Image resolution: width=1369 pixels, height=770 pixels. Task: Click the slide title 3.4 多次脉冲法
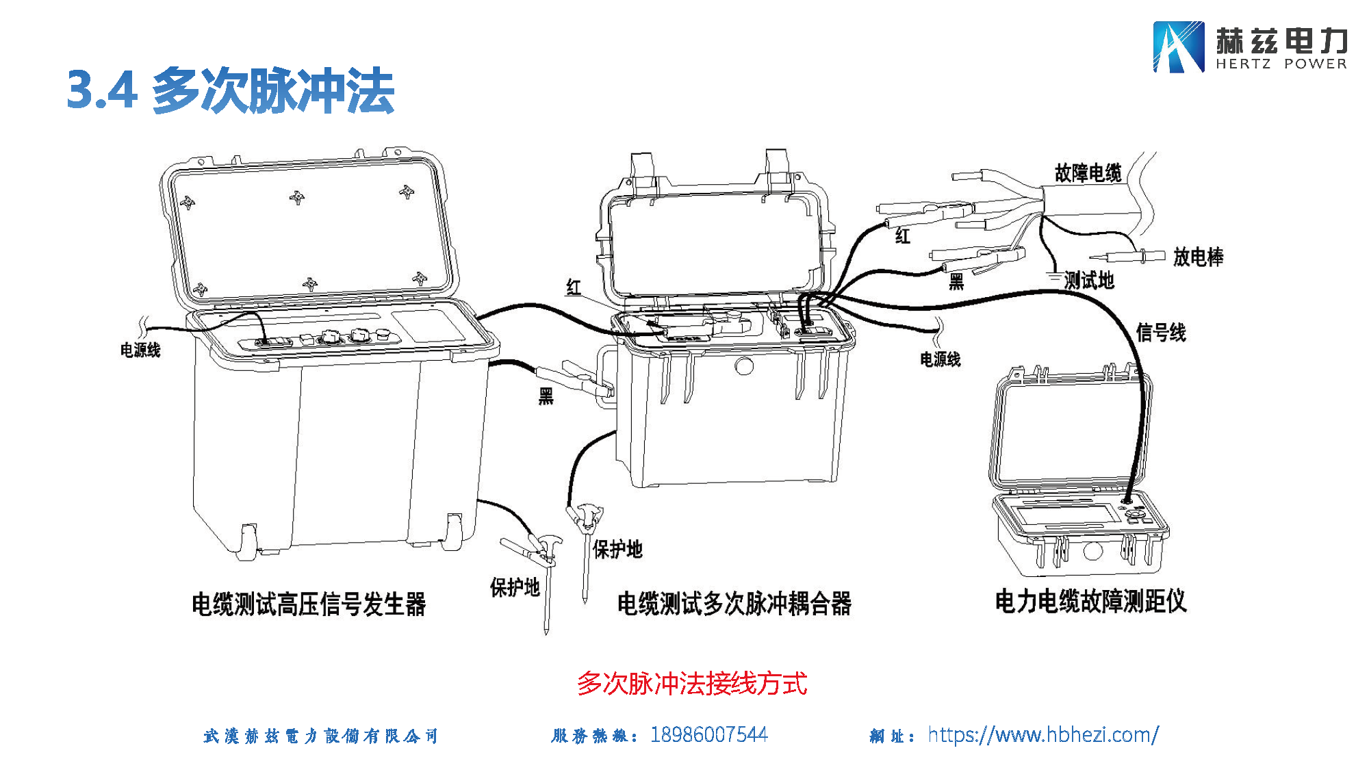pos(230,90)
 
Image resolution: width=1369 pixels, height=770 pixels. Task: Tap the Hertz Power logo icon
pos(1178,47)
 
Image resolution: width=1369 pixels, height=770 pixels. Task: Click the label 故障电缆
pos(1088,173)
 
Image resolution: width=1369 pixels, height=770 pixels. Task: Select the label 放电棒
pos(1198,257)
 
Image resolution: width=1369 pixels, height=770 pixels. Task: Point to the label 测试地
pos(1088,280)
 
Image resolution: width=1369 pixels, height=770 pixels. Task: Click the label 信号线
pos(1160,333)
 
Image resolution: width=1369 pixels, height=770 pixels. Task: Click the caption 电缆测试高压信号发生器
pos(309,604)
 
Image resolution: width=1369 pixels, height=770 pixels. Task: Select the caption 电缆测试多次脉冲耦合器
pos(734,604)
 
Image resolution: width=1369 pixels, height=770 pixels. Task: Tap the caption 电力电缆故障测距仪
pos(1090,601)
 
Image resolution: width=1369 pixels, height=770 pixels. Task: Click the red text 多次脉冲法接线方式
pos(691,683)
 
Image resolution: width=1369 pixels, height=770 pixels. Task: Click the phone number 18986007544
pos(708,734)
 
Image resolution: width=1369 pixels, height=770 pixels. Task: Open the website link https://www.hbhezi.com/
pos(1042,734)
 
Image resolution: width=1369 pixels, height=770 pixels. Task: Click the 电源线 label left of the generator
pos(140,350)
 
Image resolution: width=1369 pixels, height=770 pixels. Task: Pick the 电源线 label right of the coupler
pos(940,359)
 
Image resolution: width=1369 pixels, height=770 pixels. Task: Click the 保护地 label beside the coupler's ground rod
pos(617,549)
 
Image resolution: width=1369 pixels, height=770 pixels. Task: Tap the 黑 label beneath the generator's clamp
pos(546,396)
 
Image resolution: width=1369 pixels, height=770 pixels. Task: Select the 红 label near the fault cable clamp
pos(903,237)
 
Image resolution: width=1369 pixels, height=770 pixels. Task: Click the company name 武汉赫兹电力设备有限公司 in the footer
pos(320,736)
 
